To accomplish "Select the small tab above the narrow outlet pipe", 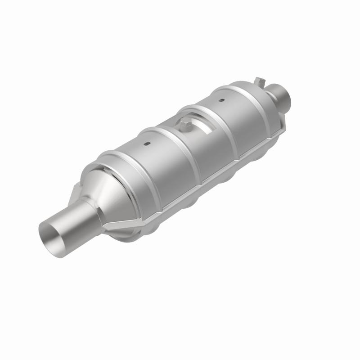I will pyautogui.click(x=258, y=81).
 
